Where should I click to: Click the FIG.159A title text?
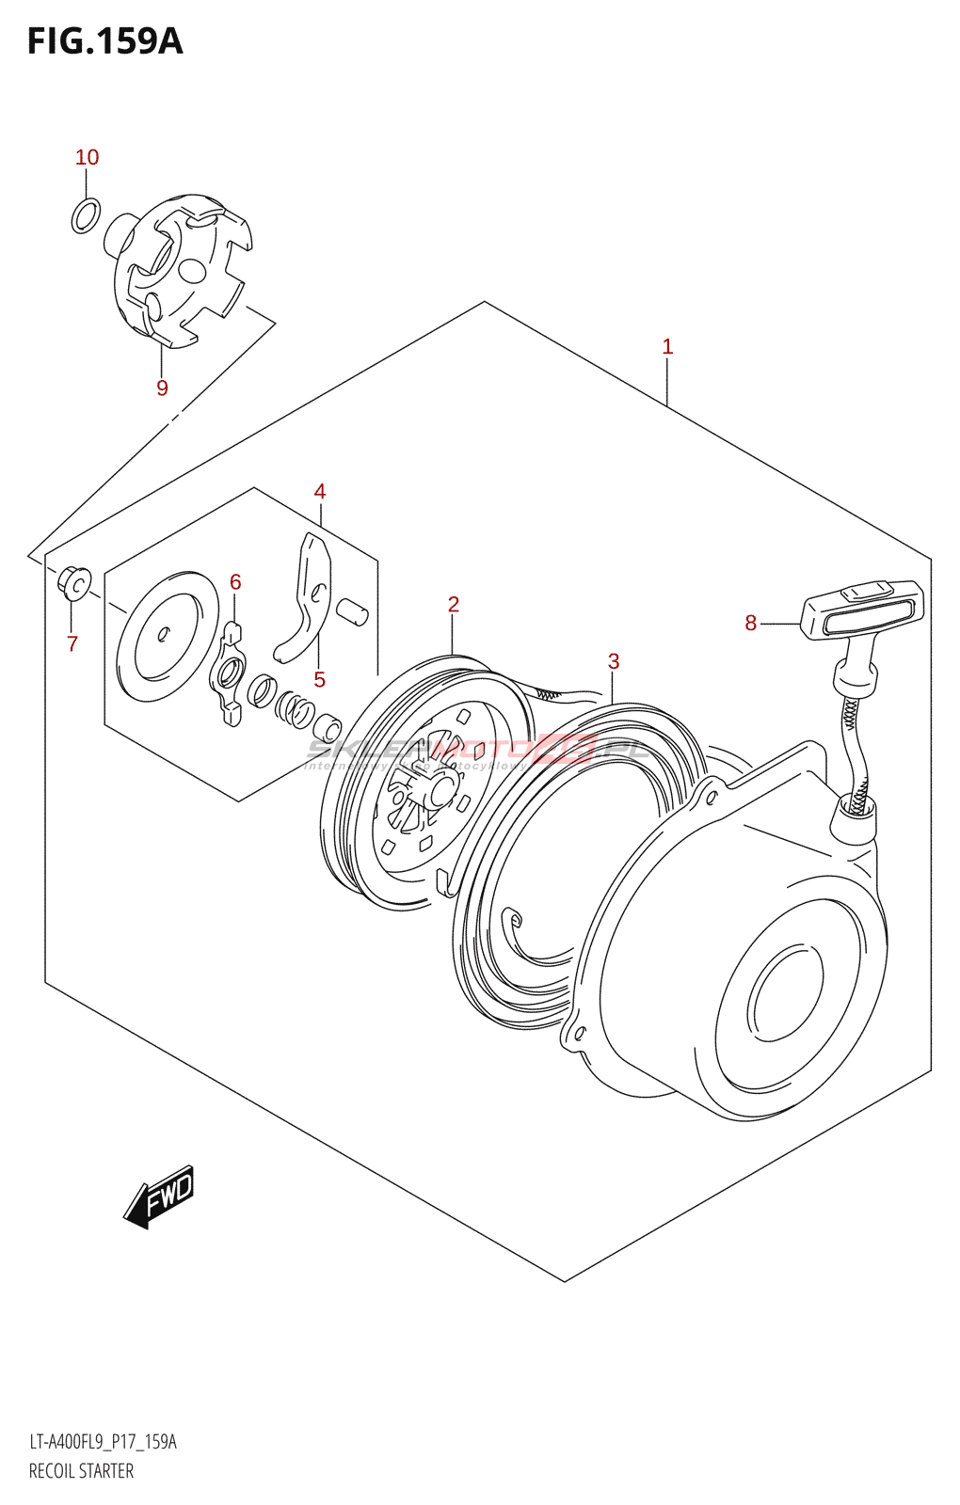tap(104, 42)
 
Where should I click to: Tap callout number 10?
tap(87, 158)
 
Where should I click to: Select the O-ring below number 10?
tap(86, 215)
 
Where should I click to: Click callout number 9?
tap(162, 388)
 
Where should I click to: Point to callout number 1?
tap(667, 347)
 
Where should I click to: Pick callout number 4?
tap(320, 492)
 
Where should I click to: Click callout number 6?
tap(235, 582)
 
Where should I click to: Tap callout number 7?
tap(72, 643)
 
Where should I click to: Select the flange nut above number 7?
tap(74, 582)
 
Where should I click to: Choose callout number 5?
tap(320, 679)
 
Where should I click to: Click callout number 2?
tap(453, 605)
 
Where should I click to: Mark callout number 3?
tap(614, 662)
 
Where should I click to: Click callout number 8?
tap(750, 623)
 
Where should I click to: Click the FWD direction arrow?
tap(160, 1196)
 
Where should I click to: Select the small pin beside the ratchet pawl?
tap(354, 610)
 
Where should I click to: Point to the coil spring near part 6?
tap(296, 708)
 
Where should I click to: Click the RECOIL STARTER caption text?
tap(81, 1471)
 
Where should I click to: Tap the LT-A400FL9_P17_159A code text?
tap(103, 1442)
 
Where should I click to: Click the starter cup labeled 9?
tap(179, 268)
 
